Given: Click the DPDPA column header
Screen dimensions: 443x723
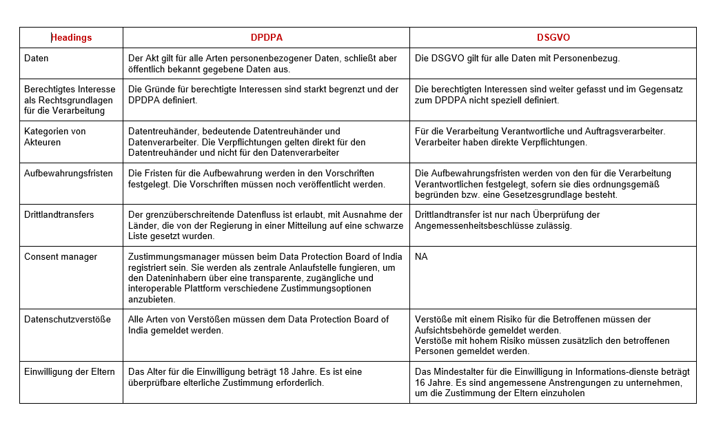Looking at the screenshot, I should (266, 37).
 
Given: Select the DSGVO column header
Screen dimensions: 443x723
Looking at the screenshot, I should (553, 37).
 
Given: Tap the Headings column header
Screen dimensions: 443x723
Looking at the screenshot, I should (72, 37).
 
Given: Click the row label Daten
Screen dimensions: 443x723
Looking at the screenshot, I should (37, 58).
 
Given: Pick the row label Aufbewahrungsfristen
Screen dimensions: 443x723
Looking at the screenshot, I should (68, 173).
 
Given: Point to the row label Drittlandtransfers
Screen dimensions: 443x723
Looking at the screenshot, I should (59, 214).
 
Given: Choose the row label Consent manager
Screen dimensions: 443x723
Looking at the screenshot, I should (61, 256).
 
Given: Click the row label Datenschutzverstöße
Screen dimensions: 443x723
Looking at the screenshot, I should (67, 319).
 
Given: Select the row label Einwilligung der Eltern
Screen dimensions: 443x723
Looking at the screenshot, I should (69, 371).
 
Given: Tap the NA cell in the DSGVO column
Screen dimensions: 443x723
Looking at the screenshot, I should (421, 256).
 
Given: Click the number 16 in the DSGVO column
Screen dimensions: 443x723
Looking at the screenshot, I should (421, 382).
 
